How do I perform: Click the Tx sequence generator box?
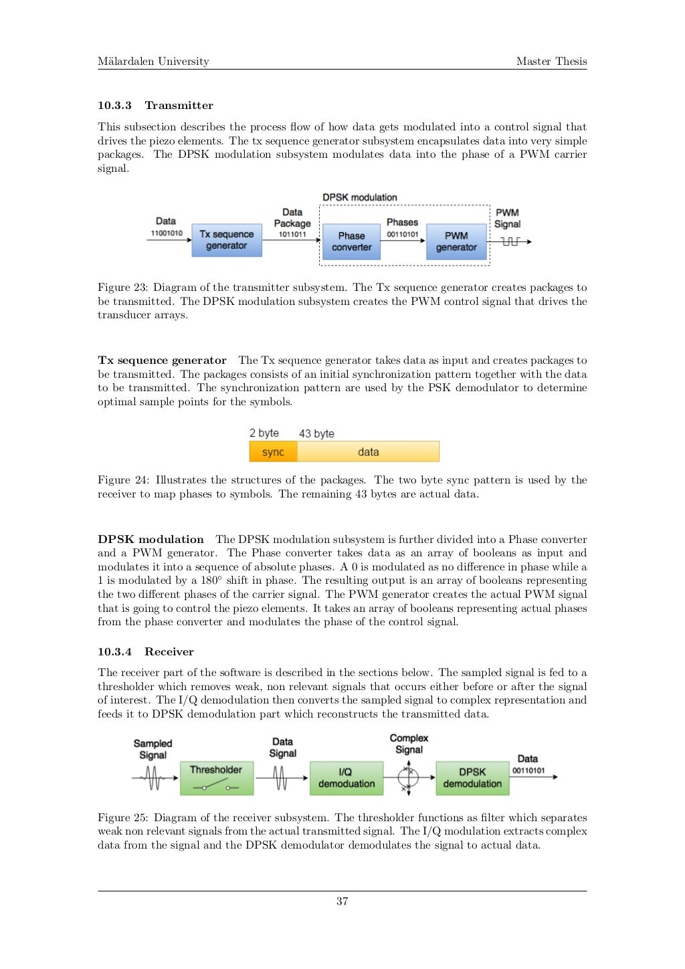click(226, 240)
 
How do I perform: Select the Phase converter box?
click(351, 241)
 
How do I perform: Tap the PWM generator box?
click(456, 241)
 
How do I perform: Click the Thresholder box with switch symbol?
click(216, 778)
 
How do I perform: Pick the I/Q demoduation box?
click(346, 778)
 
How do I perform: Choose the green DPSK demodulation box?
click(472, 778)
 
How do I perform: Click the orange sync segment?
click(273, 452)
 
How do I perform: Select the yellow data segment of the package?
click(368, 452)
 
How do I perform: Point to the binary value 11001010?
click(166, 233)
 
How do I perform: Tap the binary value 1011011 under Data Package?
click(292, 235)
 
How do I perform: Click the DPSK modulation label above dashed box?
click(360, 197)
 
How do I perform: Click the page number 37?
click(342, 901)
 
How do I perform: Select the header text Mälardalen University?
click(153, 62)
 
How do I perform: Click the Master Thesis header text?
click(551, 62)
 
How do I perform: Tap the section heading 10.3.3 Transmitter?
click(155, 105)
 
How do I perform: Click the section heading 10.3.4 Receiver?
click(145, 651)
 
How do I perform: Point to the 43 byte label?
click(316, 433)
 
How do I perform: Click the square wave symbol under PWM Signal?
click(510, 241)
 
